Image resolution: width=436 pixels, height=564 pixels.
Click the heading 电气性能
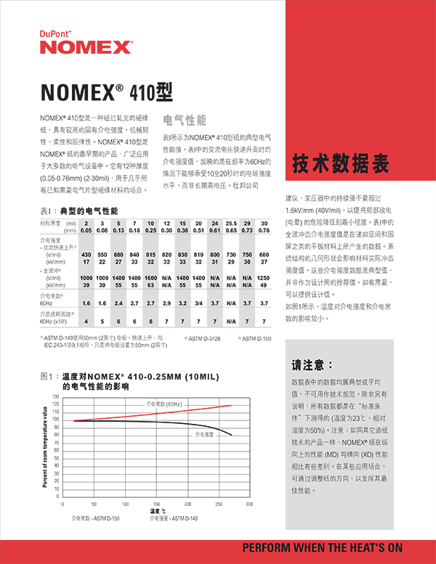click(185, 120)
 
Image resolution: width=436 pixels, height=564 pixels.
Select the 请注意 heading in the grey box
click(312, 364)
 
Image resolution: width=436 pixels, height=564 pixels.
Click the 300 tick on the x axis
click(249, 503)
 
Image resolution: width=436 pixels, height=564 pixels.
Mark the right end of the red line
click(231, 406)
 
